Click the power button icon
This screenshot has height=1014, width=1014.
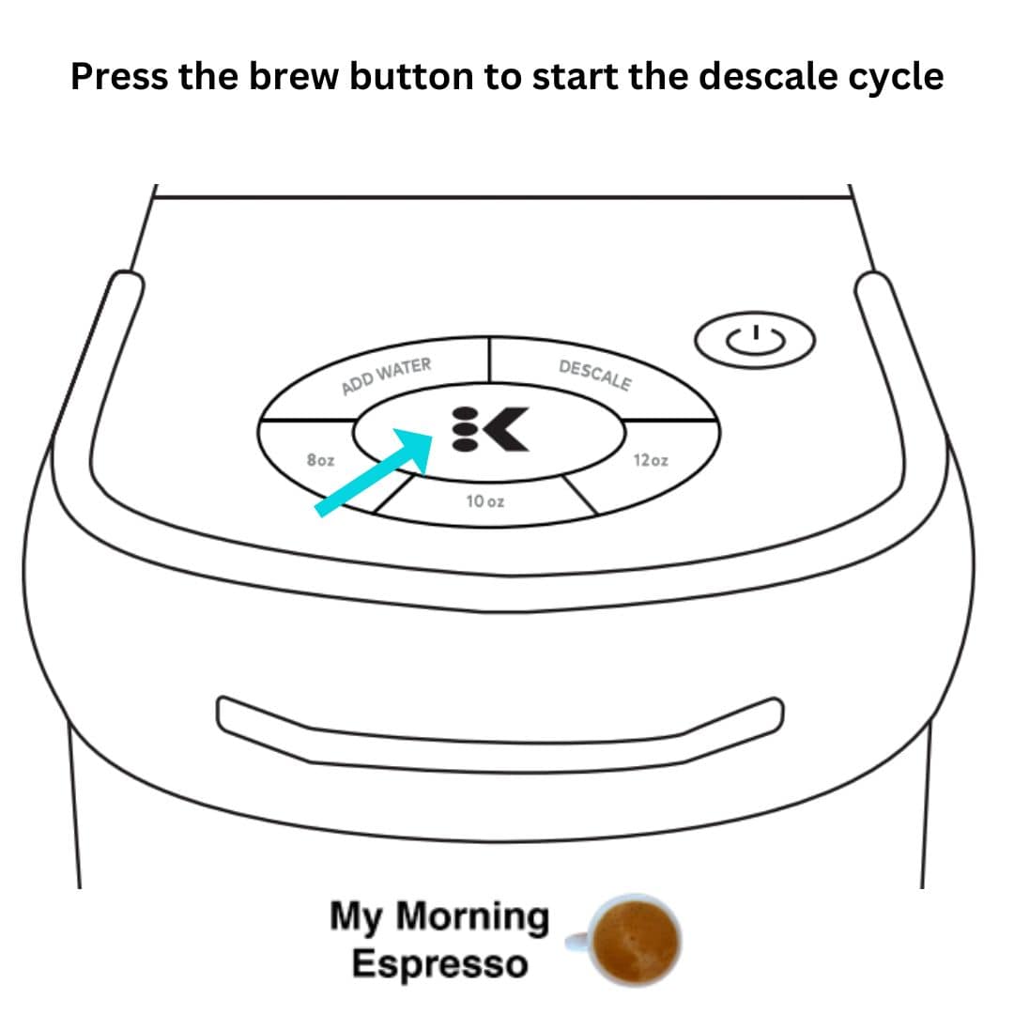[x=755, y=340]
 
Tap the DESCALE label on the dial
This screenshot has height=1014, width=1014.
[x=595, y=375]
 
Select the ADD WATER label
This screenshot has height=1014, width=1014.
[x=386, y=376]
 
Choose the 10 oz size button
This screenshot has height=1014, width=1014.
[x=485, y=501]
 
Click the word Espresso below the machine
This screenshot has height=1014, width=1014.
[x=439, y=964]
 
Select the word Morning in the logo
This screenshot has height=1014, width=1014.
[x=472, y=917]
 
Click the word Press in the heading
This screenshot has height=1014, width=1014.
[x=119, y=76]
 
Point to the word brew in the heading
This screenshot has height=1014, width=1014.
[x=294, y=76]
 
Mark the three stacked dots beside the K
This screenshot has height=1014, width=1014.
[x=465, y=429]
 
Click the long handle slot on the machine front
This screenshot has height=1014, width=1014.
[x=499, y=735]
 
